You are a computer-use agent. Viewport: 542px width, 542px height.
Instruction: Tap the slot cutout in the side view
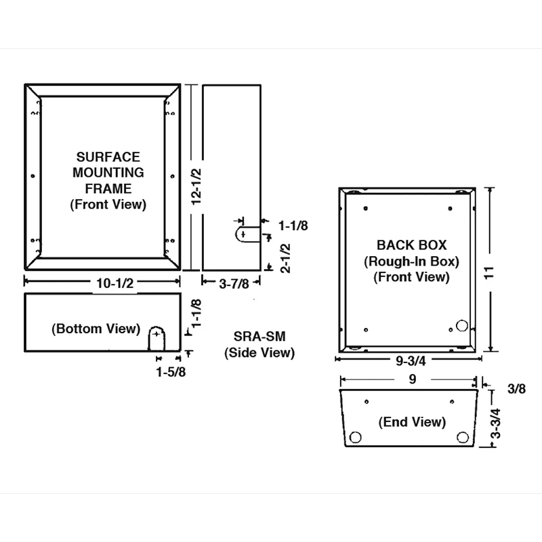[x=246, y=234]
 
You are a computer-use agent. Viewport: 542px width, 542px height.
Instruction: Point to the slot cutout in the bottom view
[x=157, y=337]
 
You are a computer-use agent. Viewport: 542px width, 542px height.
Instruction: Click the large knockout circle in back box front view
[x=462, y=327]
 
